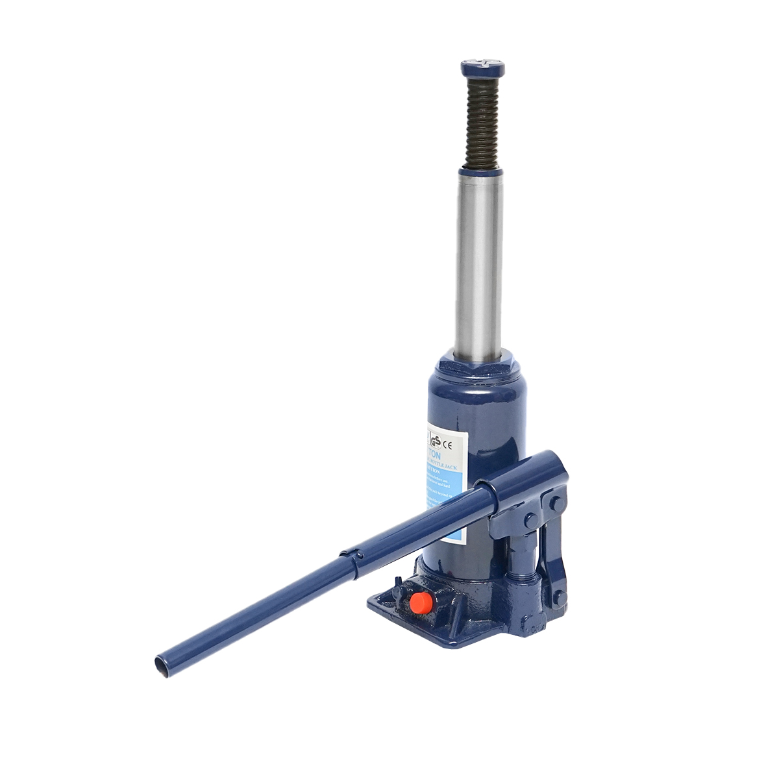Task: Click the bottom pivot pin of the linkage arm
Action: click(558, 596)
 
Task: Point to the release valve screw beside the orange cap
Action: click(397, 591)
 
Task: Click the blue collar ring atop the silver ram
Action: click(481, 173)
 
